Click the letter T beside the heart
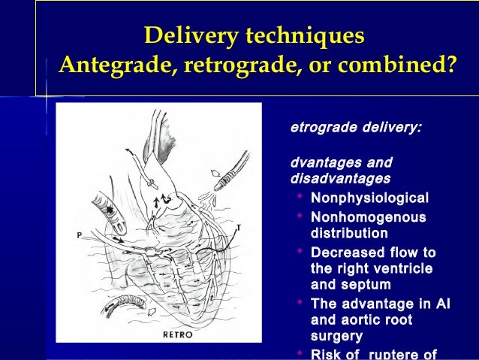[238, 226]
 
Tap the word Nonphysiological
[369, 198]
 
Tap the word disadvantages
[340, 179]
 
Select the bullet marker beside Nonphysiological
[300, 198]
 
